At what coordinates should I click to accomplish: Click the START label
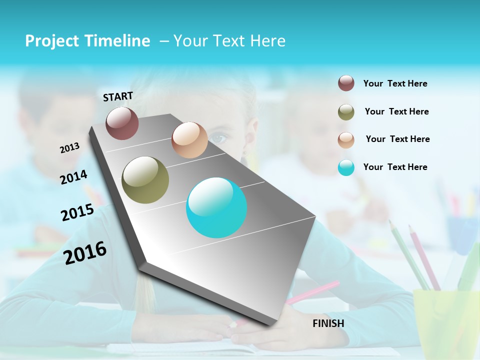[118, 96]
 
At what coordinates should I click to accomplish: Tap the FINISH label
[328, 323]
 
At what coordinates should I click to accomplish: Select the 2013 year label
[69, 148]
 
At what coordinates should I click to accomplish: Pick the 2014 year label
[73, 177]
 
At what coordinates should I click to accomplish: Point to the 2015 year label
[77, 212]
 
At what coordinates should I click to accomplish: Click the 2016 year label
[85, 253]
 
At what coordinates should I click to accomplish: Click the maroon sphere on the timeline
[122, 123]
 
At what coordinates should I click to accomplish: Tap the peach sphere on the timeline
[189, 140]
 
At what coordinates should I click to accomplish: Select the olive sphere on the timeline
[145, 180]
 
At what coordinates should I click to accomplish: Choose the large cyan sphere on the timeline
[216, 207]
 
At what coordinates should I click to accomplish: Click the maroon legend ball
[346, 83]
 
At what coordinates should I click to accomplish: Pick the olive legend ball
[346, 112]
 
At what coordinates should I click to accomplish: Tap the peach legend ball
[346, 140]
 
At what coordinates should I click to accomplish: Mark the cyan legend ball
[346, 167]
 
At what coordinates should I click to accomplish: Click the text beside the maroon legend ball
[395, 83]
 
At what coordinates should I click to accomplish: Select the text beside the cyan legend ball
[395, 167]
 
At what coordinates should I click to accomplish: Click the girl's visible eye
[217, 137]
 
